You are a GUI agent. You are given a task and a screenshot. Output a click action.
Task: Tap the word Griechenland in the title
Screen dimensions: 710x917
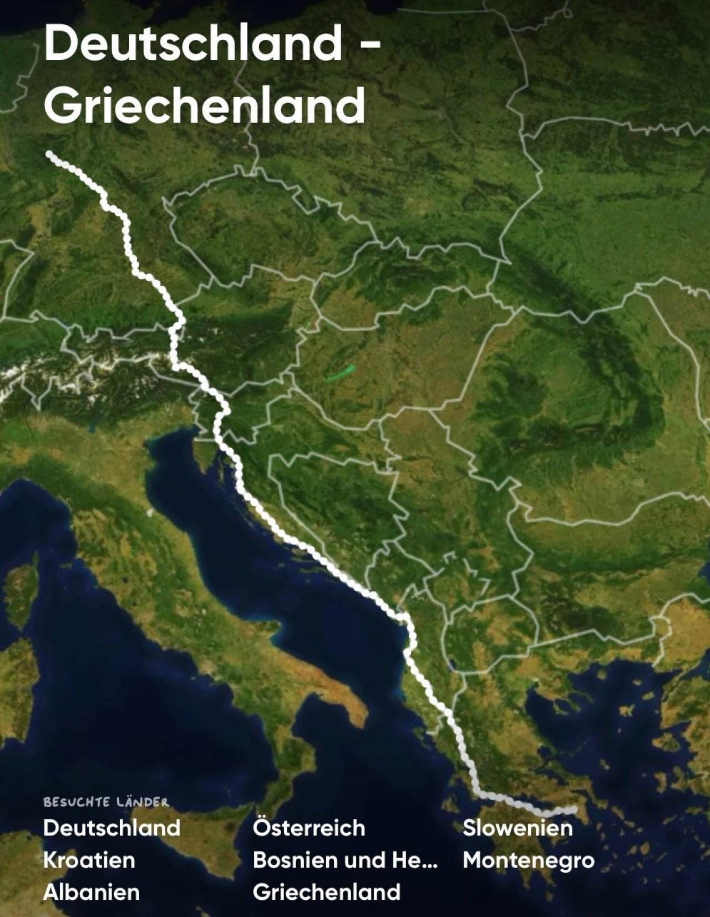pyautogui.click(x=204, y=105)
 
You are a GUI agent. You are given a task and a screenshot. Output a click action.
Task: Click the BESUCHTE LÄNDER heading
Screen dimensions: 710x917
pyautogui.click(x=106, y=802)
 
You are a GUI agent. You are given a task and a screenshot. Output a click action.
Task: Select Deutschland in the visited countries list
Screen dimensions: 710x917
pyautogui.click(x=111, y=828)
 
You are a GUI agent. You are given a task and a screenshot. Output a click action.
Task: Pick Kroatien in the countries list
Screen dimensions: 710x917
pyautogui.click(x=89, y=860)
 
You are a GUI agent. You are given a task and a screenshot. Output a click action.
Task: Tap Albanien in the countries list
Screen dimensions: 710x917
pyautogui.click(x=91, y=892)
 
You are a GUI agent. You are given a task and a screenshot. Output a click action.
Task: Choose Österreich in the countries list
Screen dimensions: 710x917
pyautogui.click(x=309, y=828)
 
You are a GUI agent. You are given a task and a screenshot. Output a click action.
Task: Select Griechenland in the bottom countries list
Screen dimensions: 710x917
pyautogui.click(x=326, y=892)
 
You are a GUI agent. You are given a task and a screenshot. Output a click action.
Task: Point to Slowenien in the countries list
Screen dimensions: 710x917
pyautogui.click(x=518, y=828)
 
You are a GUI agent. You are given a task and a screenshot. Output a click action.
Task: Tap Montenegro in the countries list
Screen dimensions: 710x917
pyautogui.click(x=528, y=860)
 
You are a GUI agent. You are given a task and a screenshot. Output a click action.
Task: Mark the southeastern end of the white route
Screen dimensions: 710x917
pyautogui.click(x=574, y=810)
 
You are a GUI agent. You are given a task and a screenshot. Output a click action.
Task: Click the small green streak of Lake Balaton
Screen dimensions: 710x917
pyautogui.click(x=340, y=373)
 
